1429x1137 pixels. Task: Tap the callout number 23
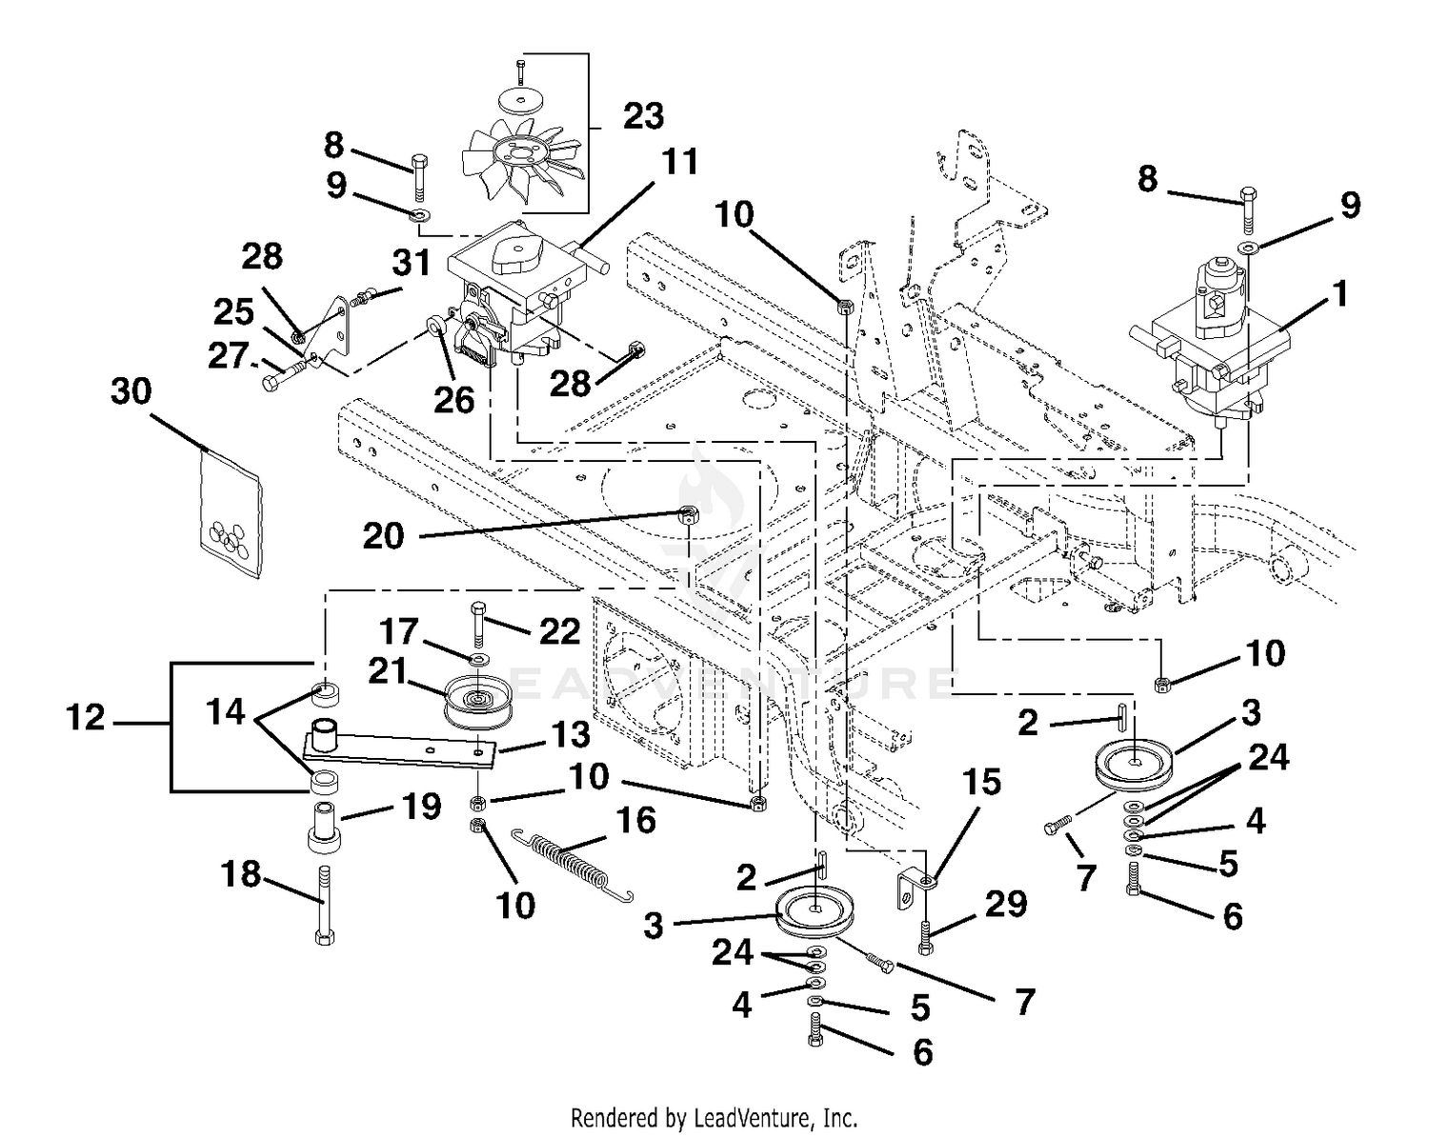(x=643, y=116)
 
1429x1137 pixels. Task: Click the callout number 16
(x=636, y=820)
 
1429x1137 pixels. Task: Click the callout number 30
(x=131, y=391)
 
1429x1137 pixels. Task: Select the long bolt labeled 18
(x=324, y=906)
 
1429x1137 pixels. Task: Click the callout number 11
(x=680, y=161)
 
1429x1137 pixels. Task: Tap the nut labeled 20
(x=687, y=514)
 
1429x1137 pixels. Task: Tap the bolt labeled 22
(x=479, y=625)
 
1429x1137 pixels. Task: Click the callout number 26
(x=454, y=400)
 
